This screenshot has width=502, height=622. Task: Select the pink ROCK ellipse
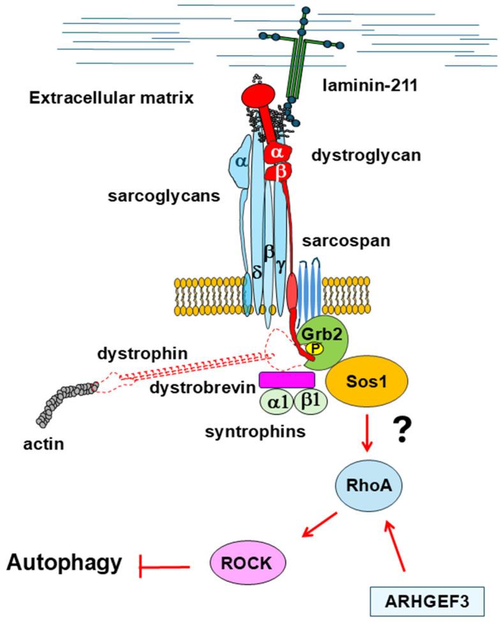(248, 561)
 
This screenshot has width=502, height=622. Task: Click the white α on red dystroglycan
(277, 154)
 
